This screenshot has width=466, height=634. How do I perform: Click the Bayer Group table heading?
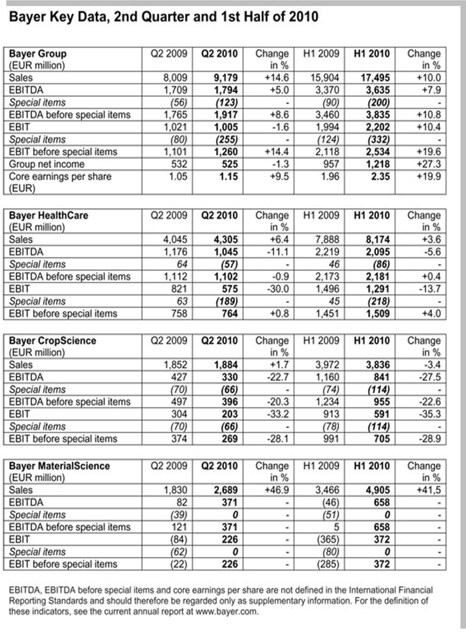pyautogui.click(x=37, y=54)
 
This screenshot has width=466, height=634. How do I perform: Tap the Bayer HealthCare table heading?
pyautogui.click(x=48, y=215)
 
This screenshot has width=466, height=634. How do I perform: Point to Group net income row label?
pyautogui.click(x=47, y=164)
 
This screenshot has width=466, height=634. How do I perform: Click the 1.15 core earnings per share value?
pyautogui.click(x=228, y=177)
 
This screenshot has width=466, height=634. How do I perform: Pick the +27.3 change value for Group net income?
pyautogui.click(x=429, y=164)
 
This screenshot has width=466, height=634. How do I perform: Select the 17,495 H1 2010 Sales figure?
pyautogui.click(x=375, y=78)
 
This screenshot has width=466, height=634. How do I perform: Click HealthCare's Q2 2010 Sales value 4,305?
pyautogui.click(x=226, y=240)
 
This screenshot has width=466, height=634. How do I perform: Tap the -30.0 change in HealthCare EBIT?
pyautogui.click(x=277, y=289)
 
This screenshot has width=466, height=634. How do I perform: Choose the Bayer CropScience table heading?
pyautogui.click(x=52, y=341)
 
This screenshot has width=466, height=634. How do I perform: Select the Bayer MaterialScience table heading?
pyautogui.click(x=59, y=466)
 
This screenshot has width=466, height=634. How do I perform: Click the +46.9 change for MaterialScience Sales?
pyautogui.click(x=276, y=490)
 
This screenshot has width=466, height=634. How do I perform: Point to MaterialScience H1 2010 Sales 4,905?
pyautogui.click(x=377, y=490)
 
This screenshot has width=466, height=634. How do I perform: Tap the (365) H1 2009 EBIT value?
pyautogui.click(x=327, y=540)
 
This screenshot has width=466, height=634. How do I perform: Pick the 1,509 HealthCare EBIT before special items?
pyautogui.click(x=377, y=314)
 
